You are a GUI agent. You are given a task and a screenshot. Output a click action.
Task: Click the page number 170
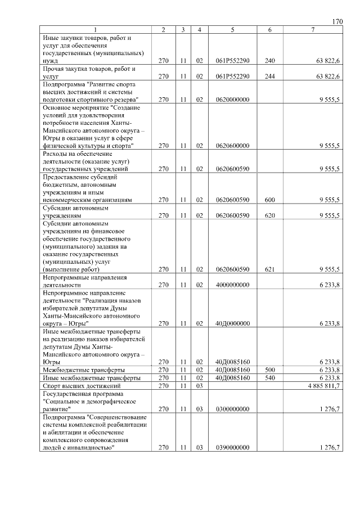[337, 22]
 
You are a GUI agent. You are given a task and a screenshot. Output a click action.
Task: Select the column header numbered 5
[232, 30]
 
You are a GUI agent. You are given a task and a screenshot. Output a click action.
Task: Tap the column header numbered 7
[313, 30]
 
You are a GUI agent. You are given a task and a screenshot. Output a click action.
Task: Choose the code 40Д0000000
[232, 323]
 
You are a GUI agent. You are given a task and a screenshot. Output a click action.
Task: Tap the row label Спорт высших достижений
[82, 386]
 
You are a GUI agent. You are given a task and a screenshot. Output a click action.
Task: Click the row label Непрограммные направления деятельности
[85, 281]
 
